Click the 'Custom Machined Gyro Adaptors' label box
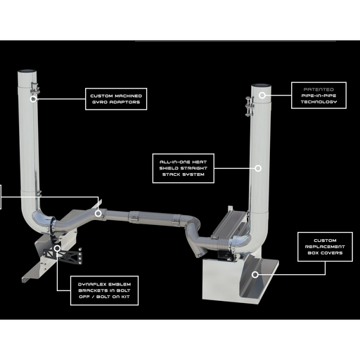116,98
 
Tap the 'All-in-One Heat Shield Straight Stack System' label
183,169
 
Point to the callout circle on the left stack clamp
33,98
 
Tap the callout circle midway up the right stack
258,169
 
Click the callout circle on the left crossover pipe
98,212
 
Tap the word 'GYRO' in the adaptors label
96,102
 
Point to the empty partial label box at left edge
4,197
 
